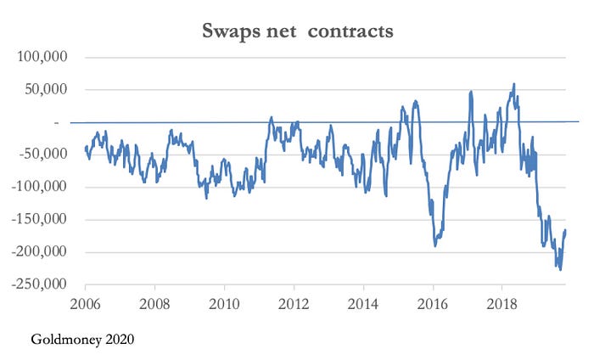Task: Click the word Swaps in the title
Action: (x=231, y=31)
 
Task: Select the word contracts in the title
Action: (x=351, y=31)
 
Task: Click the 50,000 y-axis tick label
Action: (x=46, y=90)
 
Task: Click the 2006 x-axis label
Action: (x=85, y=301)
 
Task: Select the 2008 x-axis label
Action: (x=154, y=301)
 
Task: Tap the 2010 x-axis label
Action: (x=224, y=301)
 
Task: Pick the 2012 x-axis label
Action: (x=294, y=301)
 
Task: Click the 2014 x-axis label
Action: (x=363, y=301)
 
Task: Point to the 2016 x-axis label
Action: (x=433, y=301)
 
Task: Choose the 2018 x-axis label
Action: (x=502, y=301)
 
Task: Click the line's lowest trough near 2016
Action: (x=434, y=245)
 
